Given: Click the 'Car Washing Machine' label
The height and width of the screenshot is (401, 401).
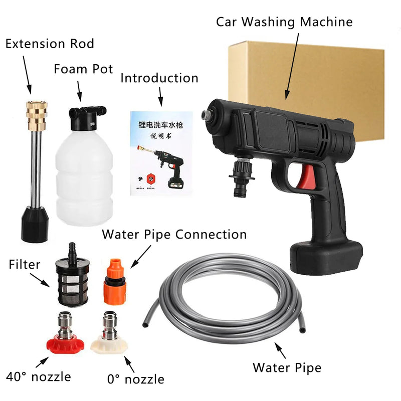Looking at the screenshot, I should coord(284,22).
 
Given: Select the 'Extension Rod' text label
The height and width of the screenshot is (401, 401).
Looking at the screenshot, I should coord(50,44).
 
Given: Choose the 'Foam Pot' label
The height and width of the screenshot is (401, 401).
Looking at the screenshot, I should coord(84,69).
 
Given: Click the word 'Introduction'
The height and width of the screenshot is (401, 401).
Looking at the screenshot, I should coord(159,78).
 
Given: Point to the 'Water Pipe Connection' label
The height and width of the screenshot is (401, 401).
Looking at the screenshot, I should coord(174,235).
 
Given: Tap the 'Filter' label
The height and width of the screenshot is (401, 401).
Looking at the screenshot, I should coord(25,264).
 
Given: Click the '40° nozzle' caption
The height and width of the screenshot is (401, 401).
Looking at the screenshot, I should coord(38,376).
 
